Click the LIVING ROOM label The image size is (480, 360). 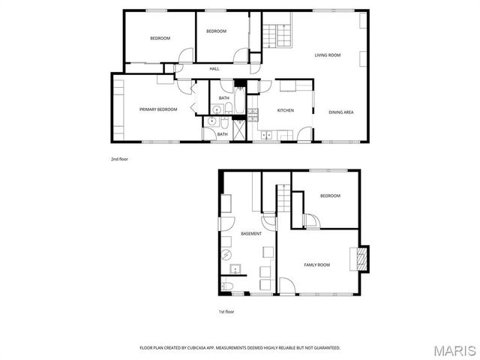tap(328, 55)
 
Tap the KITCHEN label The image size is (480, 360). tap(285, 111)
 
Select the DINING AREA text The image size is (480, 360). tap(341, 112)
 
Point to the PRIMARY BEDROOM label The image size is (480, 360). tap(158, 109)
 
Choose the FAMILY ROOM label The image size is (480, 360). tap(316, 265)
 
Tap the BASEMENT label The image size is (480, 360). tap(251, 234)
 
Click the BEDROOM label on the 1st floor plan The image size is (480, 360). tap(330, 196)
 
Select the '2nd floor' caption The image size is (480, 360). tap(119, 159)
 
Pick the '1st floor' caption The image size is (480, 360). tap(226, 311)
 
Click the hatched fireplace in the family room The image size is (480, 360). tap(361, 259)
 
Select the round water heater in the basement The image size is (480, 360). tap(228, 254)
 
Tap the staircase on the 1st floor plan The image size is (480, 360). tap(283, 199)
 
